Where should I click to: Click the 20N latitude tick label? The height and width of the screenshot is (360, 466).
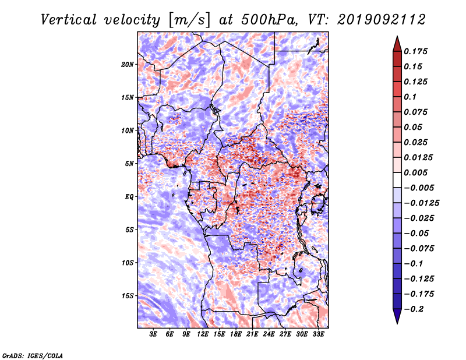coord(128,65)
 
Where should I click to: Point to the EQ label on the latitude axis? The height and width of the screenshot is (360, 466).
coord(129,197)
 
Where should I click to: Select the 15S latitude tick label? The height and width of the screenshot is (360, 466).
coord(128,296)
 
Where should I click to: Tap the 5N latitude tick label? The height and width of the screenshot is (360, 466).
coord(129,164)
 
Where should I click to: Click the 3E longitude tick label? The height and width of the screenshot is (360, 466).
coord(153,334)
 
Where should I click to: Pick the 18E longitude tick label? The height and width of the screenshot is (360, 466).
coord(235,334)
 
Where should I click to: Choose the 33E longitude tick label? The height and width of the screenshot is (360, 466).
coord(318,334)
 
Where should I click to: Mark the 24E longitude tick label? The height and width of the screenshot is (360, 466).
coord(269,334)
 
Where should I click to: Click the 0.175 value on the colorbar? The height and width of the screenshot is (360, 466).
coord(415,51)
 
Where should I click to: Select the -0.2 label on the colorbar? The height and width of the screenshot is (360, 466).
coord(414,309)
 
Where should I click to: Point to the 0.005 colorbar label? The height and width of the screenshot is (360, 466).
coord(415,172)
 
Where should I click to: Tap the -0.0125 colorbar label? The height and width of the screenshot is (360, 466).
coord(421,203)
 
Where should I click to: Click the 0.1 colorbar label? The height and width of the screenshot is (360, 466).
coord(410,97)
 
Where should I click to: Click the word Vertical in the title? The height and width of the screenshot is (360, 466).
coord(69,20)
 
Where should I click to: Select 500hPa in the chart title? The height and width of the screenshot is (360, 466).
coord(269,20)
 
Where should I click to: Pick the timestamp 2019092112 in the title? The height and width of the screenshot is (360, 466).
coord(382,20)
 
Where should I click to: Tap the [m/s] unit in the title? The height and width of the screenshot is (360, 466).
coord(189,20)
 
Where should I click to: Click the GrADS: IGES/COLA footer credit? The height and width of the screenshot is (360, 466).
coord(33,355)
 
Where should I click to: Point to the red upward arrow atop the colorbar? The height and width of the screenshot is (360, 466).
coord(397,44)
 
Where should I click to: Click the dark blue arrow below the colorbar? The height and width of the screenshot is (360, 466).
coord(397,316)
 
